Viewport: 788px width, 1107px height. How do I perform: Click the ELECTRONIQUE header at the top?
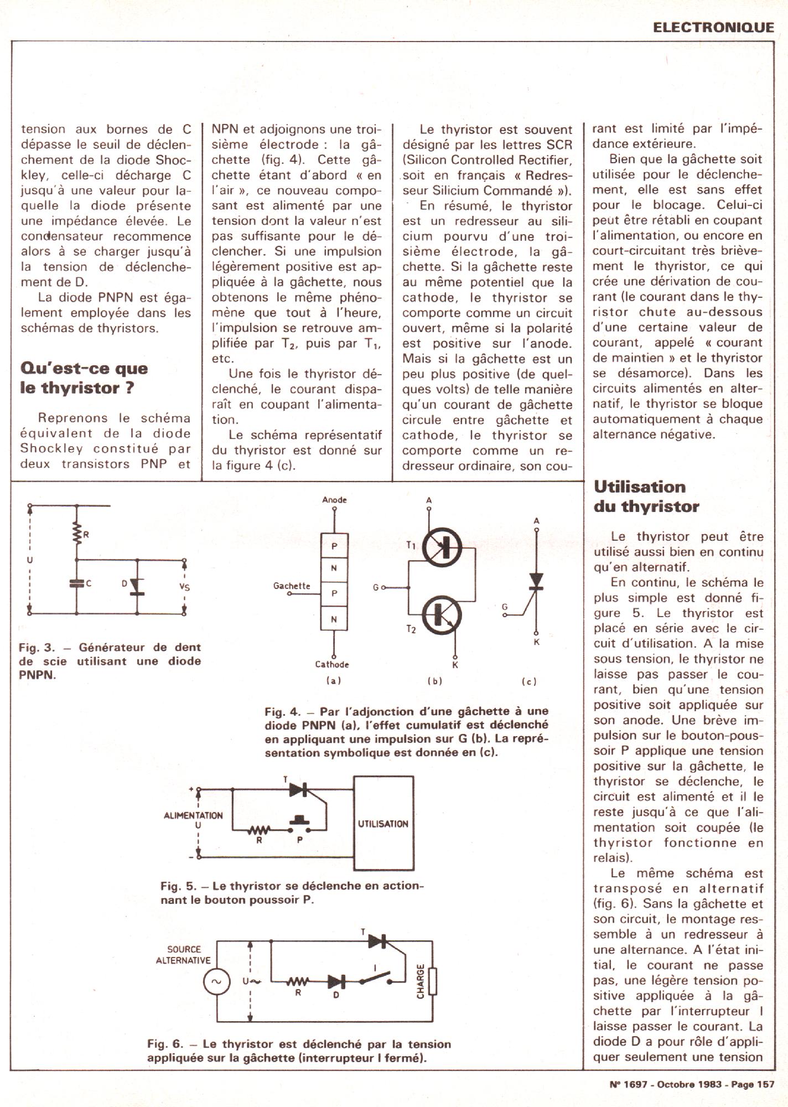(x=713, y=28)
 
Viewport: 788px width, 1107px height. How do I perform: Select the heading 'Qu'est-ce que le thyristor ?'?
(x=84, y=378)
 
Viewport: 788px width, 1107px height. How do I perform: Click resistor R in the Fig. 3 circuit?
(x=77, y=534)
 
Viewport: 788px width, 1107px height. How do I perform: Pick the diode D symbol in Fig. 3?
(x=137, y=587)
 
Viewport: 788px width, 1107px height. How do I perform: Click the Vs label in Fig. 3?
(x=184, y=587)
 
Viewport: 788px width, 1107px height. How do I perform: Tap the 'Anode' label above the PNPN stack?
(x=334, y=500)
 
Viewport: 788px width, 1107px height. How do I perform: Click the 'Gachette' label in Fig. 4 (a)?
(x=292, y=586)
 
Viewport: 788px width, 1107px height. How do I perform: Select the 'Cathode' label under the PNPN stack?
(x=332, y=664)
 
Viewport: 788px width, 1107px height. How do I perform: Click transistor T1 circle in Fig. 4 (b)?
(x=442, y=547)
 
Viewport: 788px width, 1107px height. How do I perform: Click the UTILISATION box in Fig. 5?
(x=383, y=824)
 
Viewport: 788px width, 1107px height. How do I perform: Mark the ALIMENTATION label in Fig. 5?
(x=193, y=815)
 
